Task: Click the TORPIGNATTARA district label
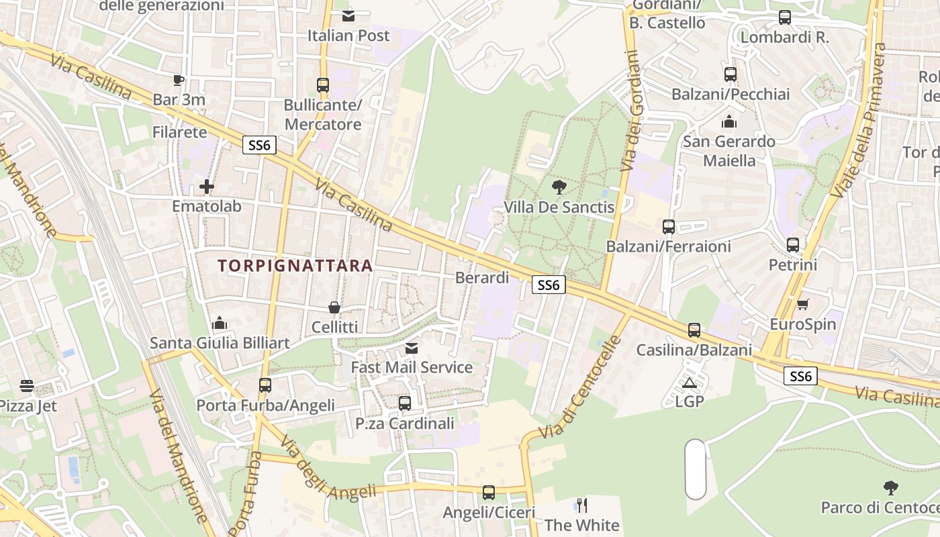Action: tap(295, 266)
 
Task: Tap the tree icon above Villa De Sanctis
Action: tap(559, 187)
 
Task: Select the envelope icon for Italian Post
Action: tap(348, 16)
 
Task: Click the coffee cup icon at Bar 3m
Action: tap(178, 81)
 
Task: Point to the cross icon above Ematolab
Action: tap(207, 186)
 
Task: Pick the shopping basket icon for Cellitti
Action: tap(334, 307)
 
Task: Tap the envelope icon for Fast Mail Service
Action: tap(412, 348)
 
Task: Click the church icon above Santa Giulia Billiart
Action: tap(220, 324)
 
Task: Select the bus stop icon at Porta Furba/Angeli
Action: tap(265, 385)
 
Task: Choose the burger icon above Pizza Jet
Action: tap(27, 386)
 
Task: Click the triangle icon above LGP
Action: tap(689, 383)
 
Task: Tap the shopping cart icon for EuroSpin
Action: tap(802, 305)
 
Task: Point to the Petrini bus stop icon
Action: tap(793, 245)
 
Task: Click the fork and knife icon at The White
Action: tap(582, 505)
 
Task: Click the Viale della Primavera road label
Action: tap(859, 121)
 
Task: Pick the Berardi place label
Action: tap(482, 277)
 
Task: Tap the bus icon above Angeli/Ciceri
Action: tap(489, 493)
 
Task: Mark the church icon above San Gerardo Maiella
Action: tap(729, 122)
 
